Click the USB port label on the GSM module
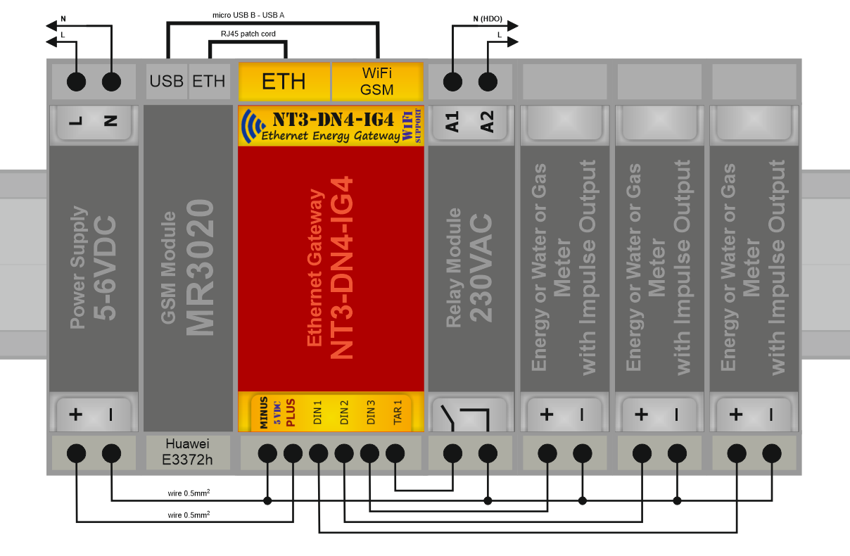coord(166,81)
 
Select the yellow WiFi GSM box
coord(376,82)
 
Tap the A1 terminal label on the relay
coord(452,122)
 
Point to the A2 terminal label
coord(488,122)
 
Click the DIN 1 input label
coord(317,413)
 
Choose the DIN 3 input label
coord(370,413)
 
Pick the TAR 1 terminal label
coord(398,413)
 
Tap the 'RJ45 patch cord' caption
coord(248,34)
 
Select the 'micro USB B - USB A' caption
coord(248,15)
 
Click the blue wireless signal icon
coord(249,126)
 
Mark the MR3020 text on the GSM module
coord(200,267)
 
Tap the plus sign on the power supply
coord(75,415)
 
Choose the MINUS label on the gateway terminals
coord(263,413)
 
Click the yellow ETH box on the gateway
coord(284,82)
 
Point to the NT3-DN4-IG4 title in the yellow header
coord(333,118)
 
